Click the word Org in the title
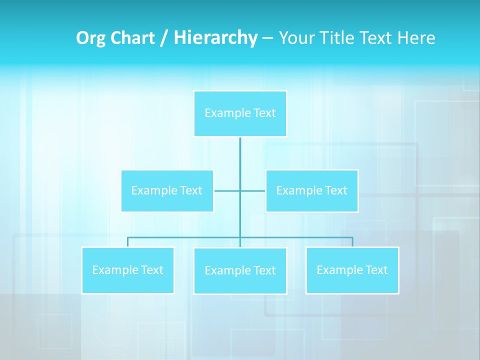pos(91,38)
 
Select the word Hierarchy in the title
pos(215,38)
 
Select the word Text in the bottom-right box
pos(376,270)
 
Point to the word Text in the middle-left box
pos(190,190)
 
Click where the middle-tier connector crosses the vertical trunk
pos(240,190)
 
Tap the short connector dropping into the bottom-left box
pos(127,242)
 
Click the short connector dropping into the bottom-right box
pos(352,242)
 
